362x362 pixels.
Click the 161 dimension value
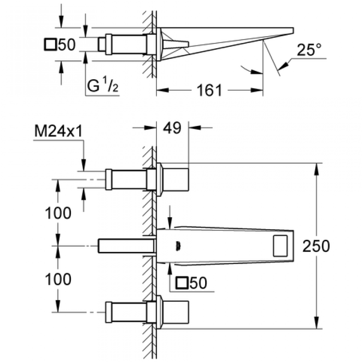point(209,90)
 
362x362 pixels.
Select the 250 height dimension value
point(316,246)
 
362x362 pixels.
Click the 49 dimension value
point(172,128)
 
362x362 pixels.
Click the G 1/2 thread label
point(103,88)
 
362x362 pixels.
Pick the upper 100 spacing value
point(58,212)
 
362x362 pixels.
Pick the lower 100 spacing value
point(58,278)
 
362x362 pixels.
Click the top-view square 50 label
point(60,45)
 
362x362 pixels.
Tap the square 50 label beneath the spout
point(192,283)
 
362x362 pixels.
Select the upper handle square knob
point(175,180)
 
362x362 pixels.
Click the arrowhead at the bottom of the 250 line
point(316,325)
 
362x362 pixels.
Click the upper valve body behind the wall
point(126,179)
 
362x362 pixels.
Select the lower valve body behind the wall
point(126,312)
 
